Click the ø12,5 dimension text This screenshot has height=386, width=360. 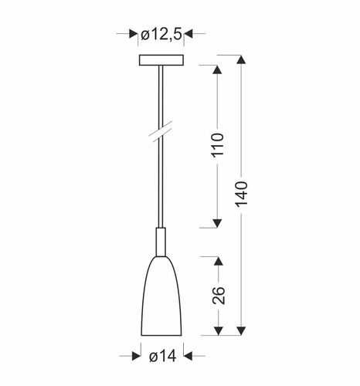(x=161, y=34)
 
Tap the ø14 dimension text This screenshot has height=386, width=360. (x=161, y=356)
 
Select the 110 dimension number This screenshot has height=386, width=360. (x=219, y=146)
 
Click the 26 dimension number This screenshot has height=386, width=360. (x=219, y=296)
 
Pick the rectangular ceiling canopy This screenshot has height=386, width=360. (x=161, y=60)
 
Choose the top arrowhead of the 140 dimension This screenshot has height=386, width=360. (x=242, y=60)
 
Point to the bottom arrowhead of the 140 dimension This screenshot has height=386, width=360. (x=242, y=333)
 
